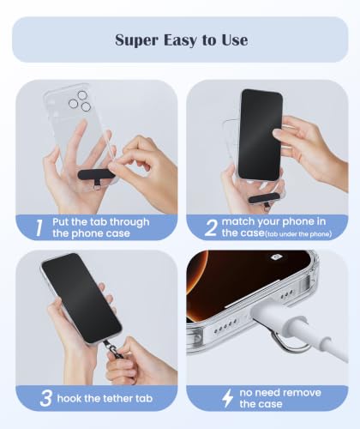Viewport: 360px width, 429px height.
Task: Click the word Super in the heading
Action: pos(136,40)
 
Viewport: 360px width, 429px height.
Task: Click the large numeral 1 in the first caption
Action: pos(39,228)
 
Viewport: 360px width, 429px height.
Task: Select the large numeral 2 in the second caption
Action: pos(211,228)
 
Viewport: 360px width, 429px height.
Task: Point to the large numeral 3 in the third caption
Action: pos(45,398)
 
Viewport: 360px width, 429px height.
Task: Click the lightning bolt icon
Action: pos(228,398)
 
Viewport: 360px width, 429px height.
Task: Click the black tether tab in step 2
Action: pos(262,199)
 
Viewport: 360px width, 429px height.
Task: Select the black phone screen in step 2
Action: pos(260,135)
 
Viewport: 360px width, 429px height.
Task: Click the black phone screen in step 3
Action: pos(81,298)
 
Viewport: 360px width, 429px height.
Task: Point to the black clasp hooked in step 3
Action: pos(113,349)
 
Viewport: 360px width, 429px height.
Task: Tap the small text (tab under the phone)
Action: pos(298,234)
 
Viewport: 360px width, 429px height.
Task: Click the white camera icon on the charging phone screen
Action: pos(276,257)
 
